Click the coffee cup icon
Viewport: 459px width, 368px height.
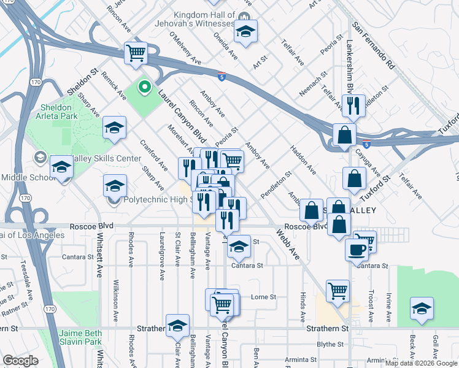coord(357,249)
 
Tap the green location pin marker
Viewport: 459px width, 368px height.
coord(144,88)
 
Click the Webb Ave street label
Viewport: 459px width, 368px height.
coord(287,243)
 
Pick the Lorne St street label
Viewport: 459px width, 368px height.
coord(264,297)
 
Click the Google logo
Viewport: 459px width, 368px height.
coord(20,361)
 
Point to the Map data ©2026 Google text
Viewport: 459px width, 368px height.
coord(421,363)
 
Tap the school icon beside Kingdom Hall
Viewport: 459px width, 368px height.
coord(245,33)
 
